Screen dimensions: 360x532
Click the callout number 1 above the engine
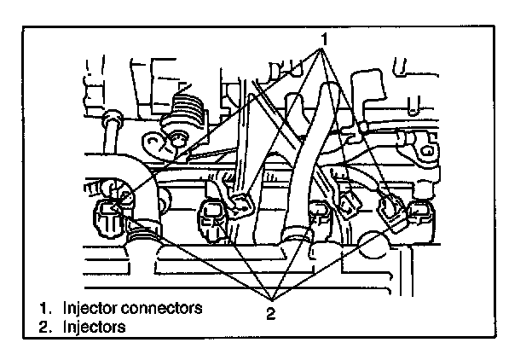(325, 39)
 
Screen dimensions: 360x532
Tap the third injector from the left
(320, 217)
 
